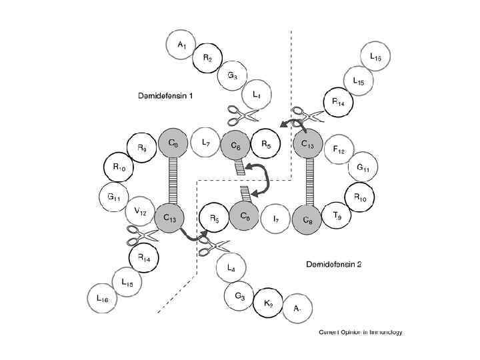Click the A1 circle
pyautogui.click(x=181, y=45)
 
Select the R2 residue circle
pyautogui.click(x=207, y=59)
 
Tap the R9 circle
pyautogui.click(x=141, y=147)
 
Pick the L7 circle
pyautogui.click(x=205, y=143)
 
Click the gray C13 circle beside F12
pyautogui.click(x=308, y=143)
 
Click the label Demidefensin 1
pyautogui.click(x=161, y=96)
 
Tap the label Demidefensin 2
pyautogui.click(x=333, y=264)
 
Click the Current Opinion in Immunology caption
pyautogui.click(x=361, y=332)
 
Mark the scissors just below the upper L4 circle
pyautogui.click(x=243, y=117)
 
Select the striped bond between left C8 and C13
pyautogui.click(x=173, y=180)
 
